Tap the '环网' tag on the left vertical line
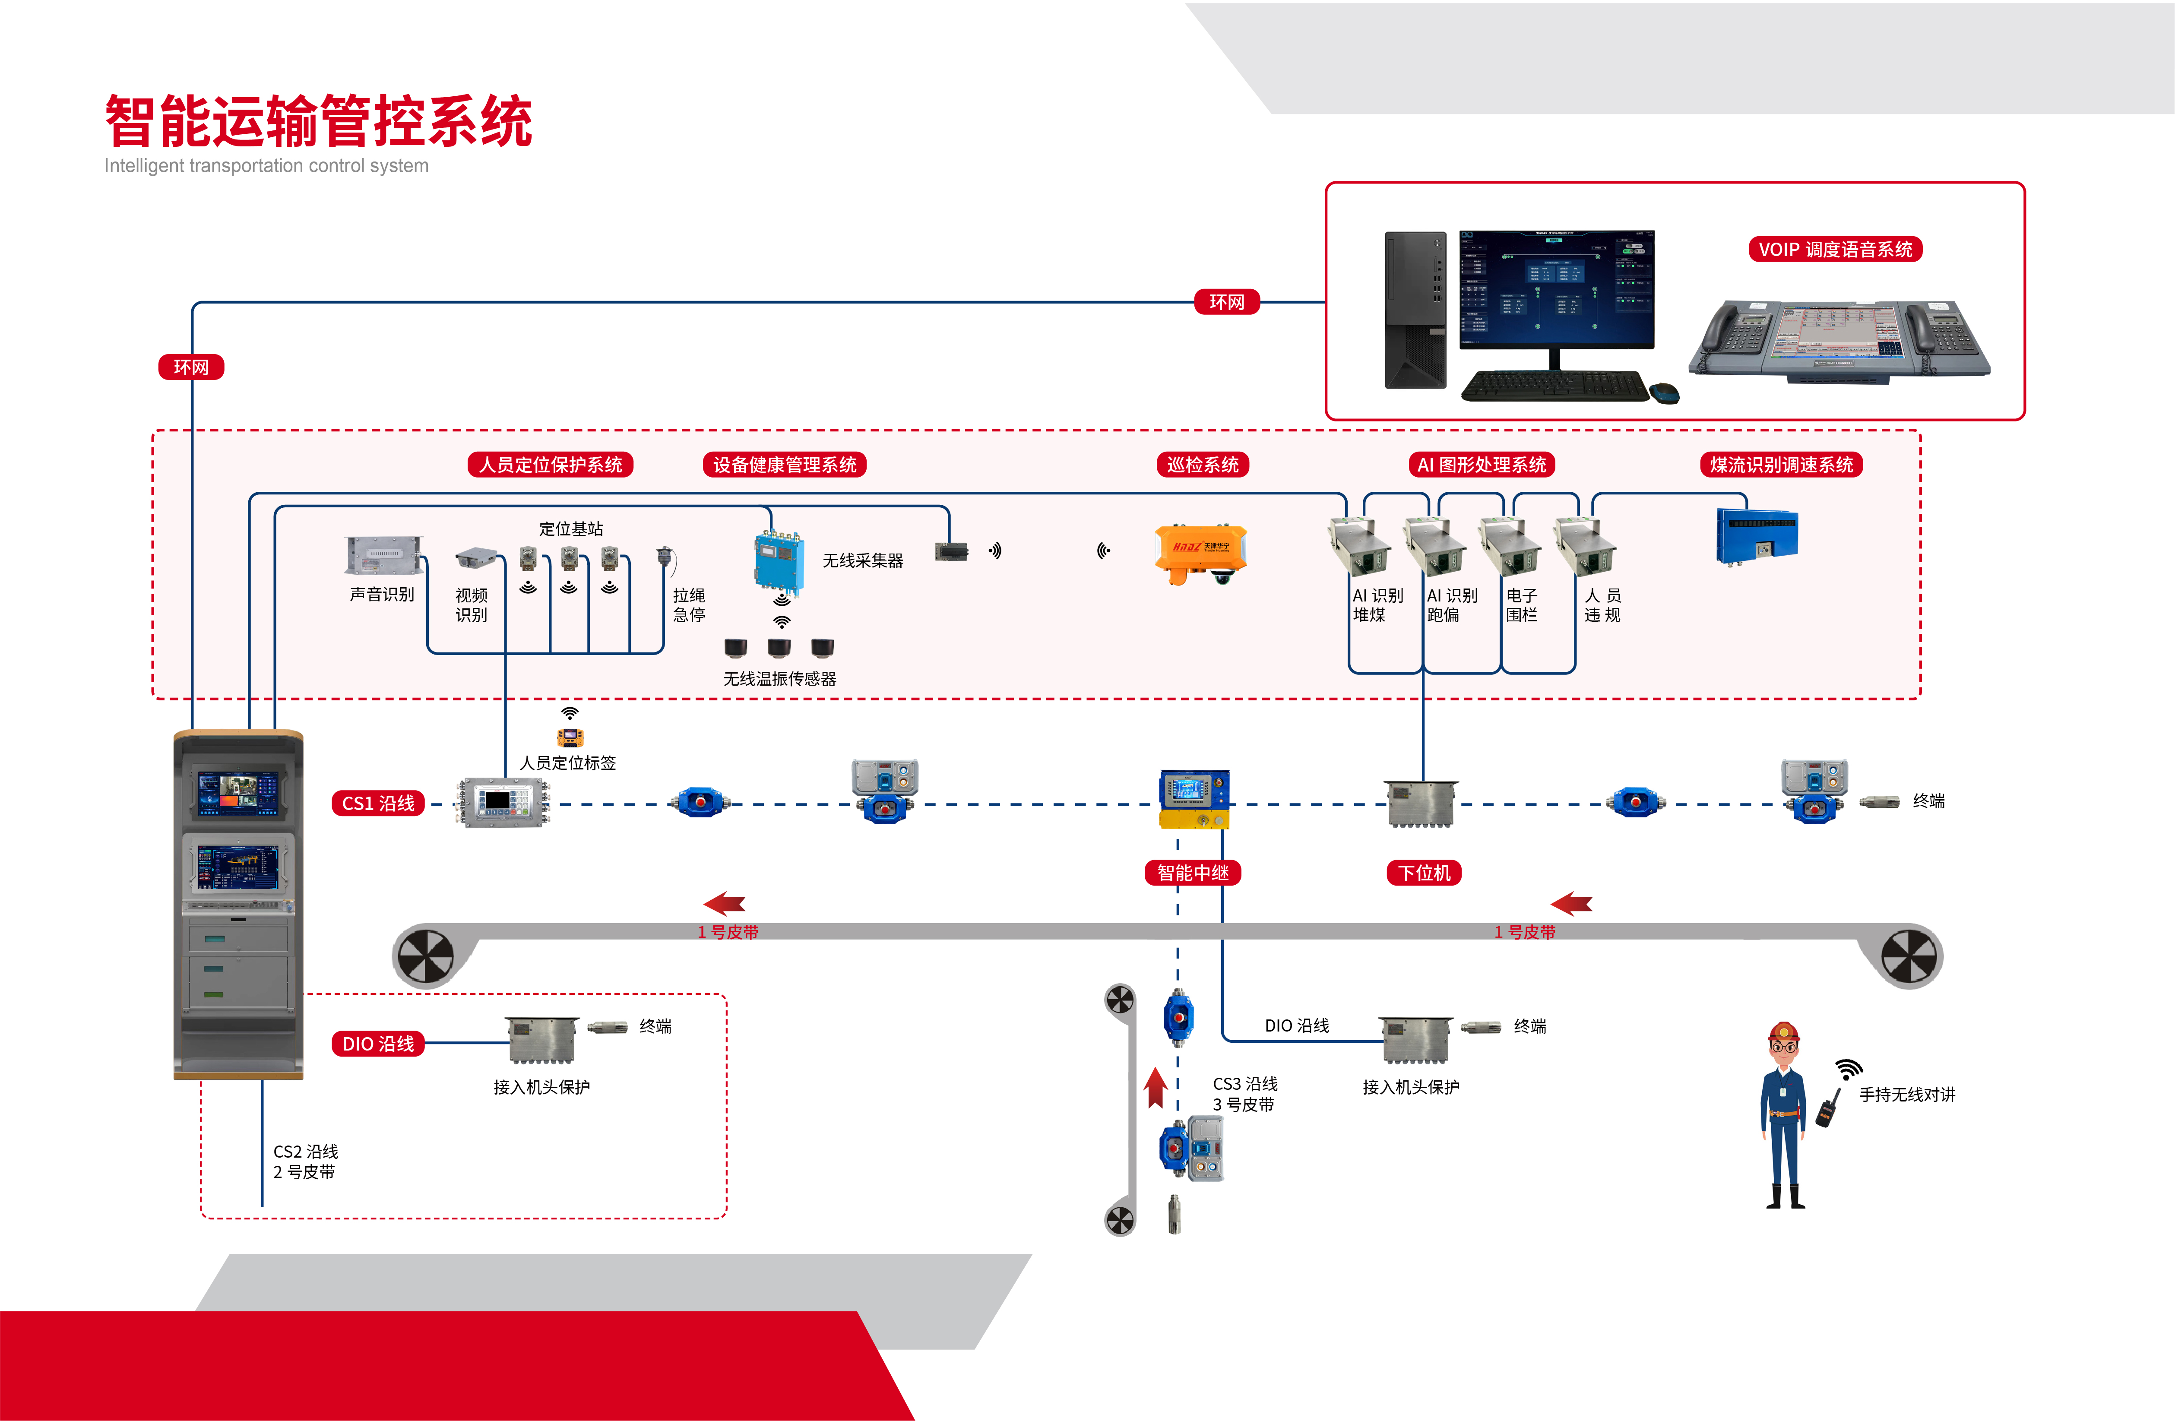coord(191,367)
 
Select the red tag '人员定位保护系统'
coord(550,464)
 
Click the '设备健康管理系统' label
coord(784,464)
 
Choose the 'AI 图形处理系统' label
coord(1482,464)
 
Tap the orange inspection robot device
coord(1200,553)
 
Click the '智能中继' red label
coord(1193,873)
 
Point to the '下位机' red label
coord(1424,873)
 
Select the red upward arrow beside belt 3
coord(1156,1088)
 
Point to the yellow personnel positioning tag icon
coord(570,737)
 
